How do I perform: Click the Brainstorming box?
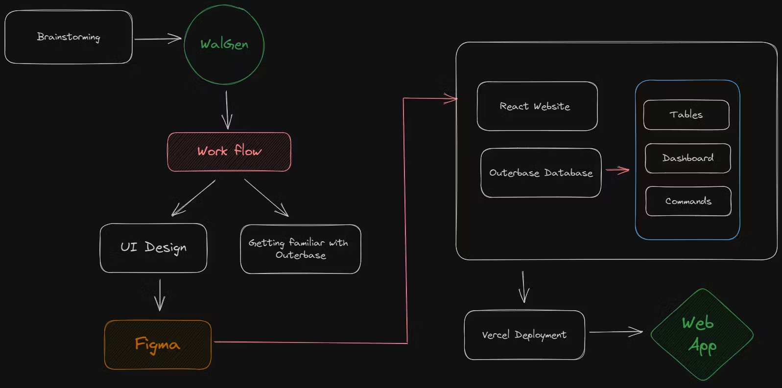coord(68,37)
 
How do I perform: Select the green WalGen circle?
coord(224,45)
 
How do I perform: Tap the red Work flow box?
coord(229,152)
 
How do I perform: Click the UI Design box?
coord(153,248)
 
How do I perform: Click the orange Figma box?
coord(158,344)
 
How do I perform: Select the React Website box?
coord(537,106)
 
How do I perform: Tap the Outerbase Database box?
coord(541,173)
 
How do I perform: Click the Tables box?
coord(686,114)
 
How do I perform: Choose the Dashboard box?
coord(687,158)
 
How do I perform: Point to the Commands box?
coord(688,201)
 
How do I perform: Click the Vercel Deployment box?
coord(524,335)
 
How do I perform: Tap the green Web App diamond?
coord(701,335)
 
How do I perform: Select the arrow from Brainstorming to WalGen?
coord(157,39)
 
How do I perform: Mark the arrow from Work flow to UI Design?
coord(193,198)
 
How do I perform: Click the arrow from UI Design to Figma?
coord(160,295)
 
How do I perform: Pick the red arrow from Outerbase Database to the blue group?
coord(617,170)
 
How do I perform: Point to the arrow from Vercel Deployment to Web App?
coord(616,332)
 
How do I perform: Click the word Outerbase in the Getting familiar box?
coord(300,255)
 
